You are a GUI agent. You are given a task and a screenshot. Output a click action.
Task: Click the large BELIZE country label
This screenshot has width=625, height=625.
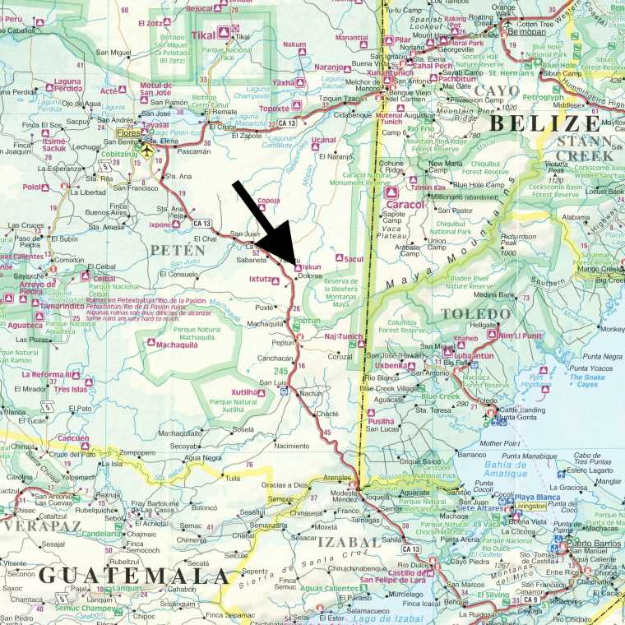click(x=544, y=123)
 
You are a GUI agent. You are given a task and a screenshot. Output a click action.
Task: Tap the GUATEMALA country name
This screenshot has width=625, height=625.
click(x=132, y=574)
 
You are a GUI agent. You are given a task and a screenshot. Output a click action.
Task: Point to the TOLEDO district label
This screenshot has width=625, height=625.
click(x=471, y=314)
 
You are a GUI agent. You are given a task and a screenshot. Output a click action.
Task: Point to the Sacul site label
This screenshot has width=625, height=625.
click(x=354, y=259)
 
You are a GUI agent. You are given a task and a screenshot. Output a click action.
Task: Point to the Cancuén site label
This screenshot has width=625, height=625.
click(x=73, y=438)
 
